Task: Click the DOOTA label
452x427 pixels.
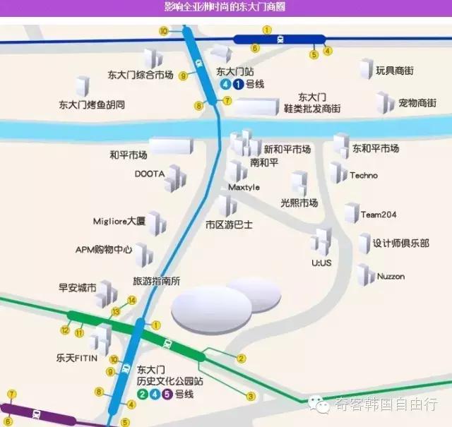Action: [x=149, y=173]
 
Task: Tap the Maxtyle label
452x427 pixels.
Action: [x=244, y=187]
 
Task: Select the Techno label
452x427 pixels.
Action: [x=364, y=175]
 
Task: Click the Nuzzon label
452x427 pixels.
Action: [x=391, y=276]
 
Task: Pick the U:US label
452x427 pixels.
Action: [x=321, y=263]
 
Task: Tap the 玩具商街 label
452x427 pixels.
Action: [x=395, y=71]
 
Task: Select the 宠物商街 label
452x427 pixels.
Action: [x=417, y=103]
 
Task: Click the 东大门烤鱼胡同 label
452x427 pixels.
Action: [x=92, y=104]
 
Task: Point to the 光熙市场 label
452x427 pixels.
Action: [x=299, y=203]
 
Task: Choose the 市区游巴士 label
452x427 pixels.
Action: [x=229, y=225]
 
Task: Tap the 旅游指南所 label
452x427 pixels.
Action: [x=157, y=280]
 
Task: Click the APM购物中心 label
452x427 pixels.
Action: [x=104, y=249]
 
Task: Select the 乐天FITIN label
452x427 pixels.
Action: [x=77, y=358]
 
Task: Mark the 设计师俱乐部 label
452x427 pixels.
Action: [x=401, y=243]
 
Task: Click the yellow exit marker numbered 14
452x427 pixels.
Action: [x=131, y=300]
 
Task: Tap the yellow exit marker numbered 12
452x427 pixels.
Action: [x=65, y=330]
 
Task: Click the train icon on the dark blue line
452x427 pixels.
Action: [x=280, y=40]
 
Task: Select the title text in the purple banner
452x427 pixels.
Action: [x=225, y=7]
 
